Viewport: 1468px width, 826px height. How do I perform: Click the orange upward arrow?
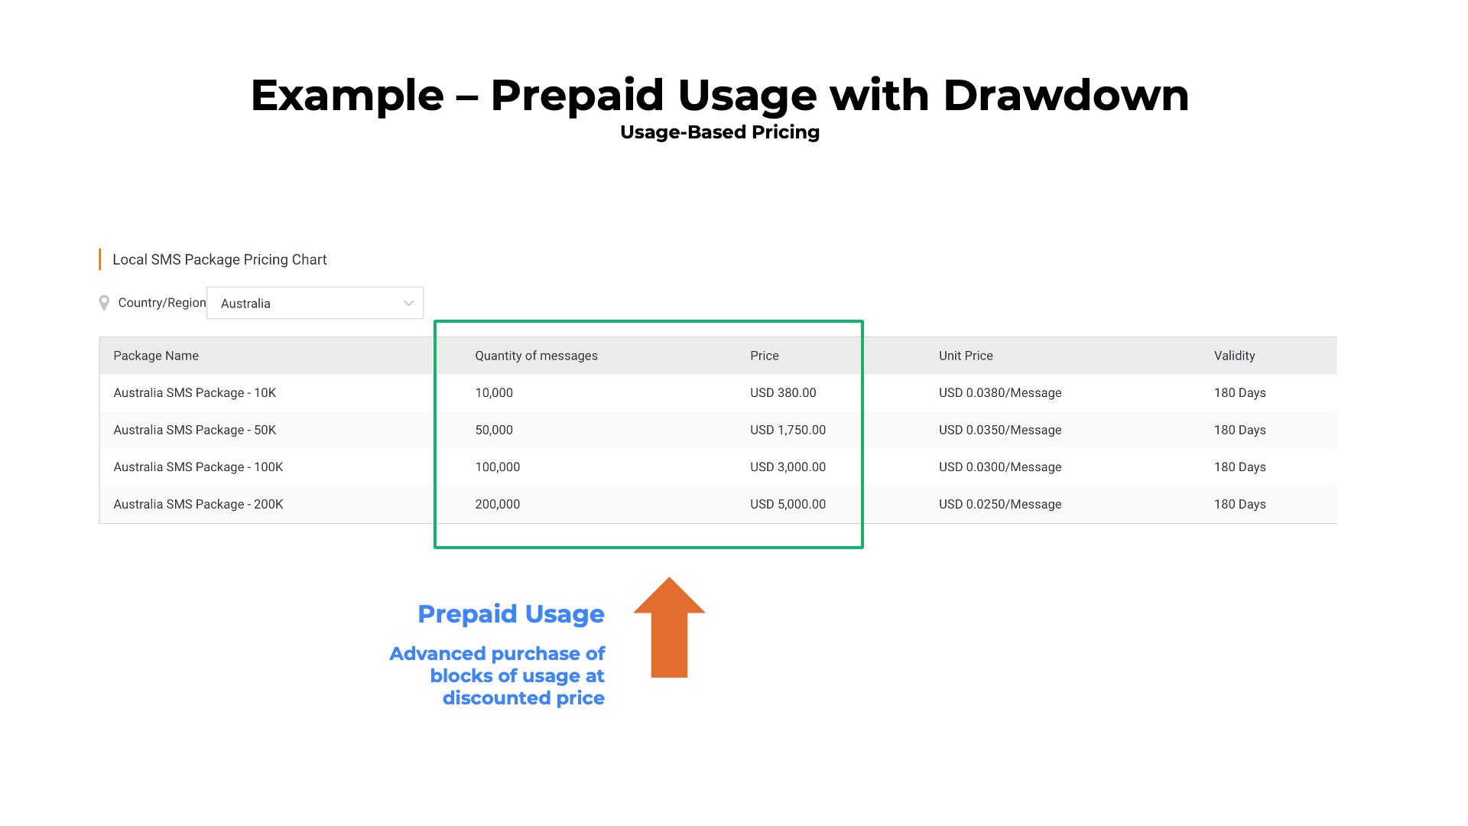tap(669, 627)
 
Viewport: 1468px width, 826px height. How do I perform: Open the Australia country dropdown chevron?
tap(408, 304)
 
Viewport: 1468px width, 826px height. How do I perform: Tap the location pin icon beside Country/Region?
tap(104, 304)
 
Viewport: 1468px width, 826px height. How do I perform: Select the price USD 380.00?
tap(783, 393)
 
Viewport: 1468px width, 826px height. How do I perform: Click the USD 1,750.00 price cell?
tap(788, 430)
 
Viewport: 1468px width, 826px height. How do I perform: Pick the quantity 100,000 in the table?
tap(497, 467)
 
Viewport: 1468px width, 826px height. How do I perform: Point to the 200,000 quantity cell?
tap(497, 505)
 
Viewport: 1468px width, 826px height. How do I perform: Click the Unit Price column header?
tap(966, 356)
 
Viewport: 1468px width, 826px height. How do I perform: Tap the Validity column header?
tap(1234, 356)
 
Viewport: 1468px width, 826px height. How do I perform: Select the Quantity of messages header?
tap(536, 356)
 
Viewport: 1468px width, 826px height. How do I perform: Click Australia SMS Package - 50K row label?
tap(194, 430)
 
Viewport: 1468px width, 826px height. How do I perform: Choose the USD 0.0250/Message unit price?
tap(1000, 505)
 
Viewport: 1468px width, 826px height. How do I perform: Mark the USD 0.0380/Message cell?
tap(1000, 393)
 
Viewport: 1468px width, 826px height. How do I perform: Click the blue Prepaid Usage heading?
tap(511, 614)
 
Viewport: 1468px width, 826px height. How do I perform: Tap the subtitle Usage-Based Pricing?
tap(719, 132)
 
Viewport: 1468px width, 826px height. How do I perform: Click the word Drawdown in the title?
tap(1066, 96)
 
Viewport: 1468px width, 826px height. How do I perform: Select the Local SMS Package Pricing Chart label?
tap(219, 260)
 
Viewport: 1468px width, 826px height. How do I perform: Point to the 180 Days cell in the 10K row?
tap(1239, 393)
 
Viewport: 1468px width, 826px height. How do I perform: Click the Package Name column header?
tap(156, 356)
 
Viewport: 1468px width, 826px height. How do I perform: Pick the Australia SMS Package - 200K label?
tap(198, 505)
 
